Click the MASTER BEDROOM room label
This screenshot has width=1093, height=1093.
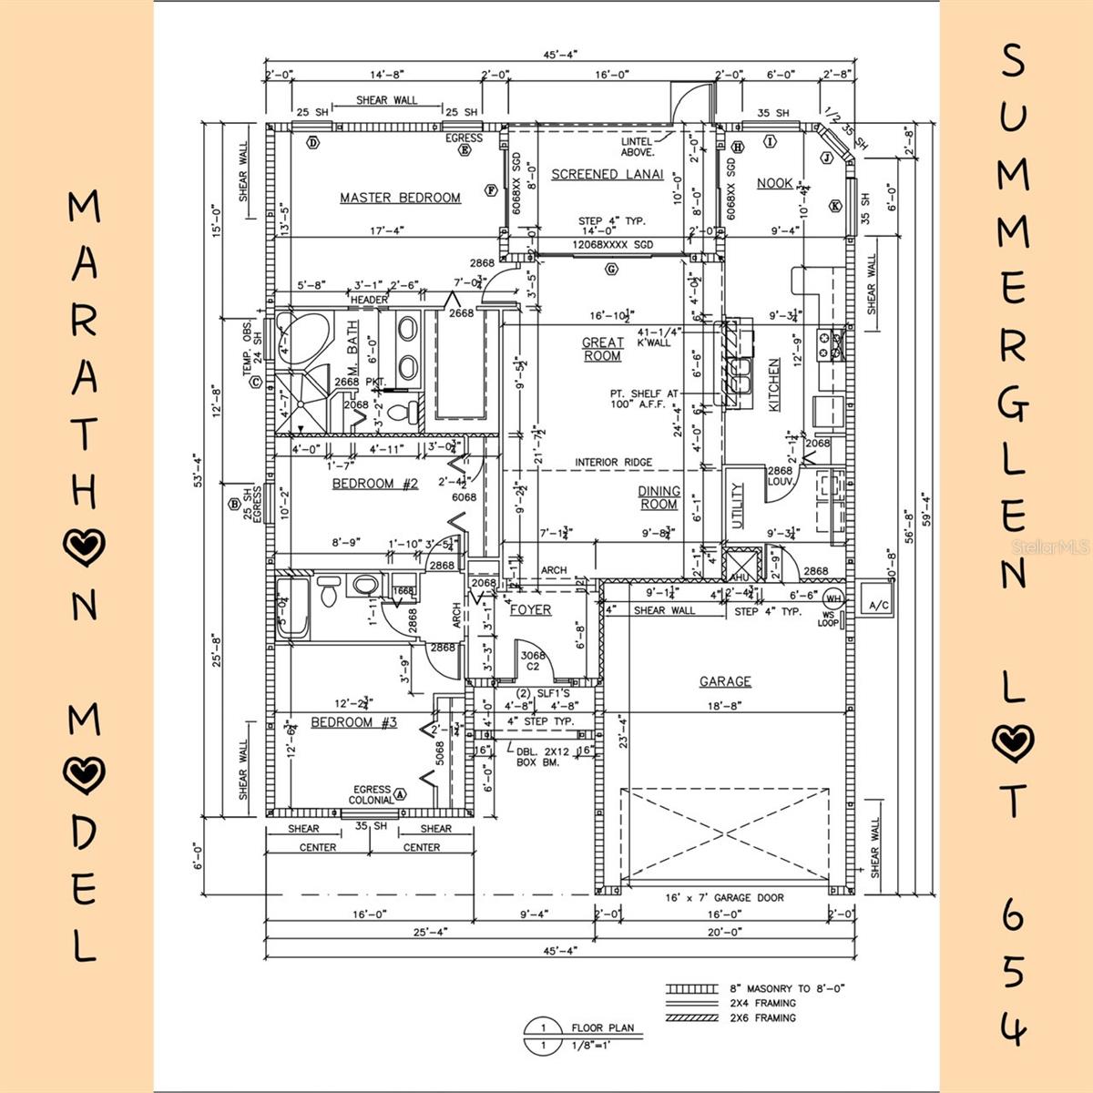click(400, 198)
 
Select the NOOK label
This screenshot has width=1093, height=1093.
click(775, 183)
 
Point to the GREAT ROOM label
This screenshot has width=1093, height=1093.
click(603, 349)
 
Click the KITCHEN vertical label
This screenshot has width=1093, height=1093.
click(774, 385)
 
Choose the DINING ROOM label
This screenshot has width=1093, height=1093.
click(658, 497)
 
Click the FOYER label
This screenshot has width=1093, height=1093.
click(530, 609)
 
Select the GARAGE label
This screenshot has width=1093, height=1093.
click(725, 681)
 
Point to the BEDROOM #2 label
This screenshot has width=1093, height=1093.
click(374, 484)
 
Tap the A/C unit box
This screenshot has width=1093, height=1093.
click(878, 606)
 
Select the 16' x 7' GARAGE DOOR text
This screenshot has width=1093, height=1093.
click(724, 897)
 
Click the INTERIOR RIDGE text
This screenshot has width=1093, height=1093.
click(613, 463)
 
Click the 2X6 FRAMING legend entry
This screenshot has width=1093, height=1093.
click(762, 1017)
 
